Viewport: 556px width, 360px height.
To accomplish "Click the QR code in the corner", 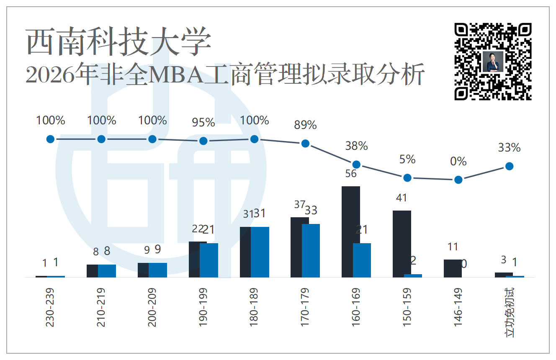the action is (x=493, y=62).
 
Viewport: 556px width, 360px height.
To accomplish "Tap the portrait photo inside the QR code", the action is (x=493, y=62).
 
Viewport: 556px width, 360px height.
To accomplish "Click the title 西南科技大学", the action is (x=118, y=41).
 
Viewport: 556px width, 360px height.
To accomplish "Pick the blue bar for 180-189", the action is (x=260, y=252).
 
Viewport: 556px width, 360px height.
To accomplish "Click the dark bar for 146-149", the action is (x=453, y=268).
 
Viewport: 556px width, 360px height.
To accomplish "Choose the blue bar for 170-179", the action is (x=311, y=251).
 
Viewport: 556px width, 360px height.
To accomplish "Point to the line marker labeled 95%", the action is (x=203, y=141).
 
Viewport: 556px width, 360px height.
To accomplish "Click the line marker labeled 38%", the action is (x=356, y=164).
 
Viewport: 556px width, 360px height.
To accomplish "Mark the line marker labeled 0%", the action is (x=458, y=180).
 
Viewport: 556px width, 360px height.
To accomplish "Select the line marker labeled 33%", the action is (x=510, y=166).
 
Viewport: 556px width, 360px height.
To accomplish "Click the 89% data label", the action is (x=305, y=125).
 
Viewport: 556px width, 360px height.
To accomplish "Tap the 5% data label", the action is (x=407, y=159).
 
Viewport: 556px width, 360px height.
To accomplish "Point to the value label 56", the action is (x=351, y=174).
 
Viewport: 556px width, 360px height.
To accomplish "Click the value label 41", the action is (x=402, y=198).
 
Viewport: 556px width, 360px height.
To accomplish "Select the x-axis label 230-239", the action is (x=50, y=307).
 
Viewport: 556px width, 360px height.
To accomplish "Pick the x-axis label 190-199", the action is (x=203, y=307).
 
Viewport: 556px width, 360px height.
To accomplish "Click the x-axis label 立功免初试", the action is (x=510, y=313).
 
